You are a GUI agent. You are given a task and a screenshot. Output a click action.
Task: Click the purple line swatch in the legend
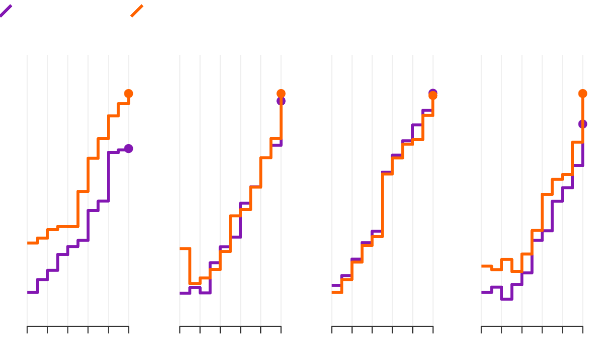[x=6, y=11]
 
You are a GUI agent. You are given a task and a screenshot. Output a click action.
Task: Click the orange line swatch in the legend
[x=137, y=11]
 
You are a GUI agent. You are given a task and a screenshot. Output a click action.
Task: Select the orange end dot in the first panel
[x=128, y=93]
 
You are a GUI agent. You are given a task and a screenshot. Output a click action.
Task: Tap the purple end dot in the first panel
[x=128, y=149]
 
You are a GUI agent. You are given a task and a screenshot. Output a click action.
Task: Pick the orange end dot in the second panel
[x=281, y=93]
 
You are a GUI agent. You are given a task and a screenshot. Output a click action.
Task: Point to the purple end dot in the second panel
[x=281, y=101]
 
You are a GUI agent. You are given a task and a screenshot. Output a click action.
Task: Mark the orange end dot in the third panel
[x=433, y=96]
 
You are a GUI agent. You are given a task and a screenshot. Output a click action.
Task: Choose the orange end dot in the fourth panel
[x=582, y=93]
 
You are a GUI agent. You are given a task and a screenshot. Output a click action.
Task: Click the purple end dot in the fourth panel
[x=582, y=124]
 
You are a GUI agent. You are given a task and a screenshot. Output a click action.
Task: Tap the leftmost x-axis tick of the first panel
[x=28, y=329]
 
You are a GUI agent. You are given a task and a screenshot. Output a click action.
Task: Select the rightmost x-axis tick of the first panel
[x=128, y=329]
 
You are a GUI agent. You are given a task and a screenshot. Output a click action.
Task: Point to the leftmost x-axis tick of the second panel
[x=180, y=329]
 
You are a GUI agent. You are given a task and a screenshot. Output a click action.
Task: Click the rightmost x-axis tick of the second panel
[x=281, y=329]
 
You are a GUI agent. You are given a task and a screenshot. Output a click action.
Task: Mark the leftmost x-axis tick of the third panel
[x=332, y=329]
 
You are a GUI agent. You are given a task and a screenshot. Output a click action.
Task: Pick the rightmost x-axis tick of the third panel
[x=433, y=329]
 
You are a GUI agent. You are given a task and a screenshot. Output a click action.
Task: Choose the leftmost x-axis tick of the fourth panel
[x=482, y=329]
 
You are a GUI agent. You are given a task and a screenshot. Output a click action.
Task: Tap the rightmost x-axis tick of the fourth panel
[x=582, y=329]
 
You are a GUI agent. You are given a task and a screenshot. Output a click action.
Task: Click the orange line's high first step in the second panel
[x=185, y=248]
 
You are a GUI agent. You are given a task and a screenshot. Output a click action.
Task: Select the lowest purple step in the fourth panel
[x=507, y=299]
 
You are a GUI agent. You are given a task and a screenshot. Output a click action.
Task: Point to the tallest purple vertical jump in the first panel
[x=108, y=177]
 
